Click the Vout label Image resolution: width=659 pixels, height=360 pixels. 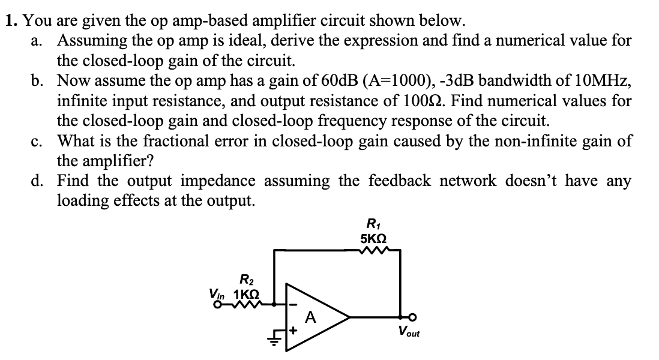tap(408, 331)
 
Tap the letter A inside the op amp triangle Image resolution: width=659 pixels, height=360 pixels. tap(310, 316)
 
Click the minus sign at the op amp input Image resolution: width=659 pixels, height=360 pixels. tap(293, 304)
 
